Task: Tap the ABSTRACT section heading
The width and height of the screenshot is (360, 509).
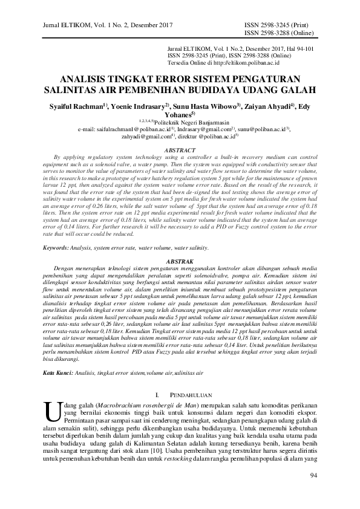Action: pyautogui.click(x=180, y=149)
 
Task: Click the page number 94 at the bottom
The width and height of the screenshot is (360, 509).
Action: pyautogui.click(x=313, y=491)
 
